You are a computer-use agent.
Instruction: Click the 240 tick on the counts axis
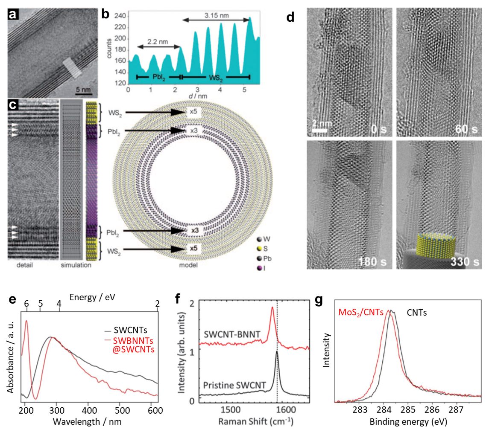click(x=120, y=16)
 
